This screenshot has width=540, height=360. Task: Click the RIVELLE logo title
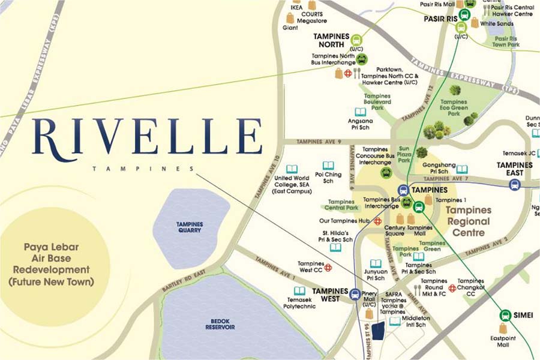(x=148, y=137)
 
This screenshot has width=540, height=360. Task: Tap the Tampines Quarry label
(x=190, y=227)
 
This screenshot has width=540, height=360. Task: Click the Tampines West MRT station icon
(x=355, y=295)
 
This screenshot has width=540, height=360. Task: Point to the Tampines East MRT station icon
(x=514, y=185)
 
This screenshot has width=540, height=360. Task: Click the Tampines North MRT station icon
(x=356, y=41)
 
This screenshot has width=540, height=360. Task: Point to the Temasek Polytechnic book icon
(x=299, y=290)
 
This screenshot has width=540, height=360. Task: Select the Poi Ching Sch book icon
(x=328, y=166)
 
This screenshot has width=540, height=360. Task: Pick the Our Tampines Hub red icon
(x=378, y=221)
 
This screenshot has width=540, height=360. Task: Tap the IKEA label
(x=296, y=7)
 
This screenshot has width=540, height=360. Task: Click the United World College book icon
(x=292, y=169)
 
